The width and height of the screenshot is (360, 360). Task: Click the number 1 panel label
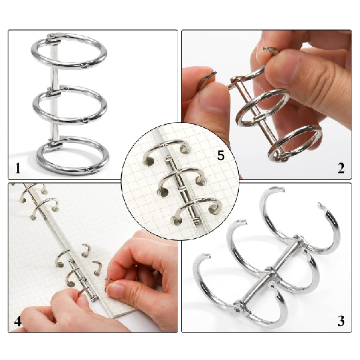18,168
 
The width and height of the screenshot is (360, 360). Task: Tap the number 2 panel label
341,168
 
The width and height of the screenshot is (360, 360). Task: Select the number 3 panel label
341,321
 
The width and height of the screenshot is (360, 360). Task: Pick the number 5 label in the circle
220,155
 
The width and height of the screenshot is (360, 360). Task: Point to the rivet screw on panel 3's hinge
237,311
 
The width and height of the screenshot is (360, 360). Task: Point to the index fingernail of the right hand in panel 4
115,290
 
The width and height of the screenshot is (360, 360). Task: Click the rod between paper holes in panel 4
84,280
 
